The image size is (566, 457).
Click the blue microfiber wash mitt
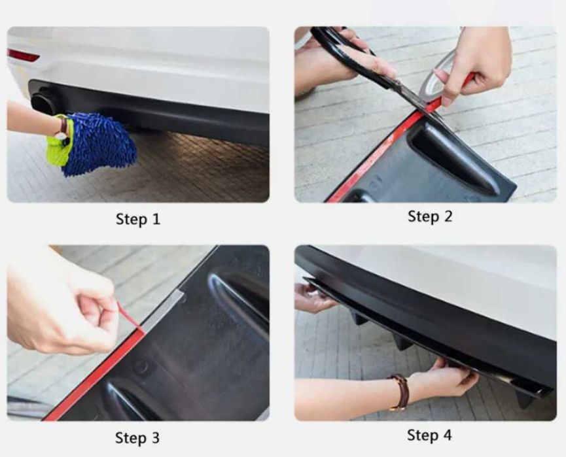pos(97,144)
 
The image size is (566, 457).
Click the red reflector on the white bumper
pos(23,55)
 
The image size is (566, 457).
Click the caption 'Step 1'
pos(138,219)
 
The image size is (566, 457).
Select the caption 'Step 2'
pos(429,217)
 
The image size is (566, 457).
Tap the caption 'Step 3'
pos(137,438)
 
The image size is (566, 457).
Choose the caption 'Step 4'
pos(429,435)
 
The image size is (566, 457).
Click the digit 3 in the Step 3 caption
pos(155,438)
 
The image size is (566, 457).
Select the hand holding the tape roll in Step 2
pos(473,65)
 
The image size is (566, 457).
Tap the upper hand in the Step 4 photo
pos(313,297)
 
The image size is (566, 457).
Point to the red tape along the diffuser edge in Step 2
pos(376,155)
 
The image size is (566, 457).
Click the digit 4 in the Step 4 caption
pos(447,435)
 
